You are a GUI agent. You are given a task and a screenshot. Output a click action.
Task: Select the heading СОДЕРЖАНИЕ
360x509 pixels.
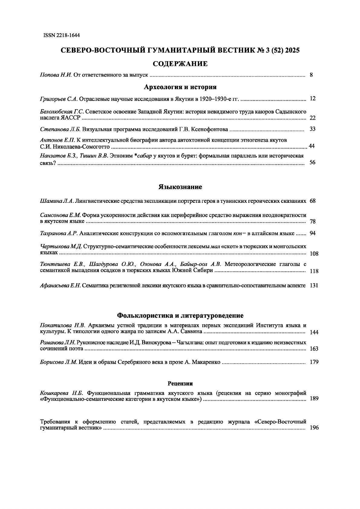coord(180,63)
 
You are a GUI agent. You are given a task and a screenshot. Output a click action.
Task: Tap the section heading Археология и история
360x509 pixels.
coord(180,87)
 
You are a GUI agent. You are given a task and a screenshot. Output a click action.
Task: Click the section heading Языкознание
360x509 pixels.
coord(180,187)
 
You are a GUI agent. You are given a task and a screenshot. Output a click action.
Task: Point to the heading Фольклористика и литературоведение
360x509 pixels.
coord(180,316)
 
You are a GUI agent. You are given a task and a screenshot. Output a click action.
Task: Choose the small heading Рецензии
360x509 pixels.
coord(180,384)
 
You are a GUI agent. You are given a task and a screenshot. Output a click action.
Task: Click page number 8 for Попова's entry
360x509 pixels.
coord(311,75)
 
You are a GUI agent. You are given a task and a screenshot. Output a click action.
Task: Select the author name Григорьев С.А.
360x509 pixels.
coord(59,99)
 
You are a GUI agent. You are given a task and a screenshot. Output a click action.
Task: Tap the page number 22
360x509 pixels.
coord(313,118)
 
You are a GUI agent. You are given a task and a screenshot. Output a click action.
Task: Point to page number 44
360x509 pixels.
coord(312,146)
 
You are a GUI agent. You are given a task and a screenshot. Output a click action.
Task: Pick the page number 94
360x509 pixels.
coord(313,233)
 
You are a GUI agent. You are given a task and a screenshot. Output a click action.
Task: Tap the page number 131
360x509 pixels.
coord(314,286)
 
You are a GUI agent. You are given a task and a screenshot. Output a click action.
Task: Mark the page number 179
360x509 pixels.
coord(314,362)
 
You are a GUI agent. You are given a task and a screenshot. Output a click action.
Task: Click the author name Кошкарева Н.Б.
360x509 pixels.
coord(61,393)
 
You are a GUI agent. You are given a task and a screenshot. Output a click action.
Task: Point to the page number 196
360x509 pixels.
coord(314,428)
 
